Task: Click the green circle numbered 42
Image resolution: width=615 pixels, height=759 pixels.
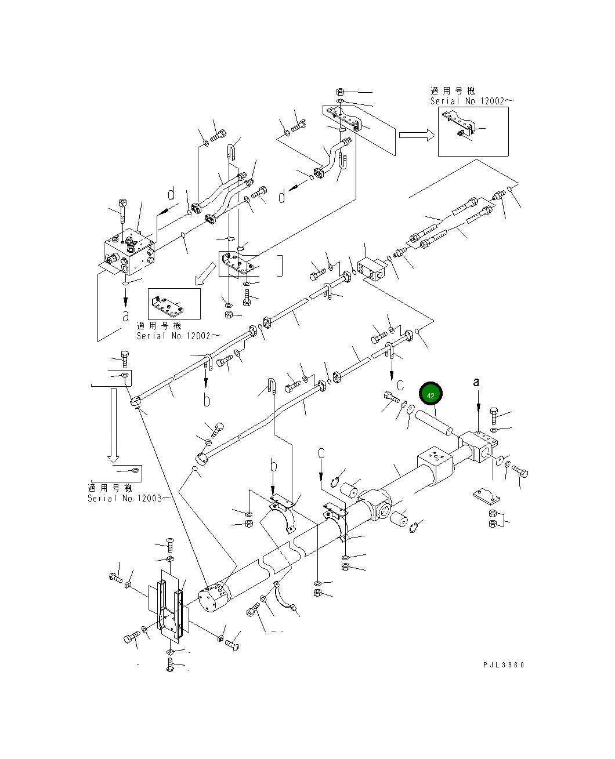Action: (430, 395)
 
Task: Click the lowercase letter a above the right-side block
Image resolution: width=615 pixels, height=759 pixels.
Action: (477, 382)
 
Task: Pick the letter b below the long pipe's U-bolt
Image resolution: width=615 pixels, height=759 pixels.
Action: (206, 400)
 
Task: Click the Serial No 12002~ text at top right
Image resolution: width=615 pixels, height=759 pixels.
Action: (471, 101)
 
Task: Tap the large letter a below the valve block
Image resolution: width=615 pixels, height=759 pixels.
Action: (125, 315)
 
